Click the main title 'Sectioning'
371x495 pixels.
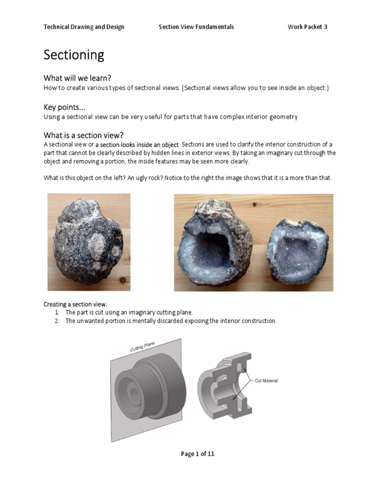[74, 55]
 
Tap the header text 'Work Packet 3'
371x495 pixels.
[307, 27]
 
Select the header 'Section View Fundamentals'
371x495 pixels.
[196, 27]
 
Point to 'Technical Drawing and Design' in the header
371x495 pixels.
[84, 27]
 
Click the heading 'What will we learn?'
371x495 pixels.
[81, 78]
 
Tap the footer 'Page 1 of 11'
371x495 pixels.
[197, 453]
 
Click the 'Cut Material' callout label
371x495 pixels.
[266, 381]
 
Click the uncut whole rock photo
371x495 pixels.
[89, 242]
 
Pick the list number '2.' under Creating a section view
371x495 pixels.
[57, 321]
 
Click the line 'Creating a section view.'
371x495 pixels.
[75, 304]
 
